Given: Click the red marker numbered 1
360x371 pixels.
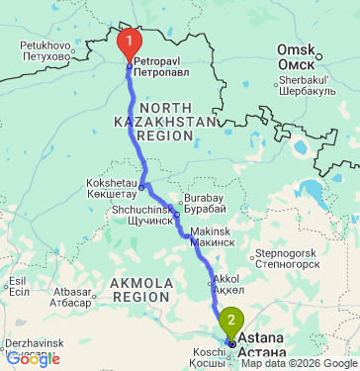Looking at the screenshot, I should coord(130,43).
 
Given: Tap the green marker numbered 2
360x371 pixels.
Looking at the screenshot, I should coord(231,322).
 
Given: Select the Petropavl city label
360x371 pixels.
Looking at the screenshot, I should coord(157,67).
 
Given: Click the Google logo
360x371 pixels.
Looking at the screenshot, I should coord(32,359).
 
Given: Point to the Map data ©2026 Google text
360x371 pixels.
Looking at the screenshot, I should coord(301,364).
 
